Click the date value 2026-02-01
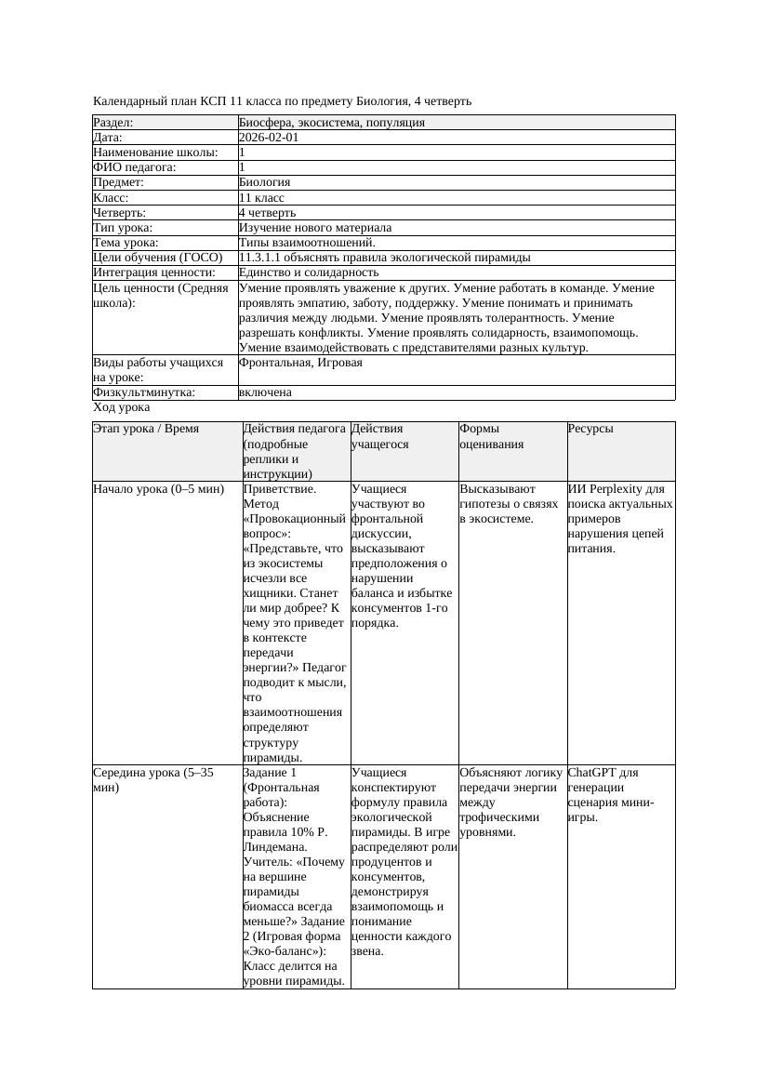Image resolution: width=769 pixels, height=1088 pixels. (269, 138)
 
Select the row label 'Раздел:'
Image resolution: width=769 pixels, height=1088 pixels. (113, 123)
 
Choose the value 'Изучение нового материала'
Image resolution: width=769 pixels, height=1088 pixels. (315, 228)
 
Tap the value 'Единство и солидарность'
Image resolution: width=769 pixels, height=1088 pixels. (309, 272)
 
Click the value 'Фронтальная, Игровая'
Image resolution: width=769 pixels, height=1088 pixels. (300, 363)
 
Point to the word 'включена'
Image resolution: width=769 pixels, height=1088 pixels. (265, 392)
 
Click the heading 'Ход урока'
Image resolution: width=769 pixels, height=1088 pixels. (122, 407)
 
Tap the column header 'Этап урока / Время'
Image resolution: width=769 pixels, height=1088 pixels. (146, 430)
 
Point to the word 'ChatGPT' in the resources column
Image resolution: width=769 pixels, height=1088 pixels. (591, 773)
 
